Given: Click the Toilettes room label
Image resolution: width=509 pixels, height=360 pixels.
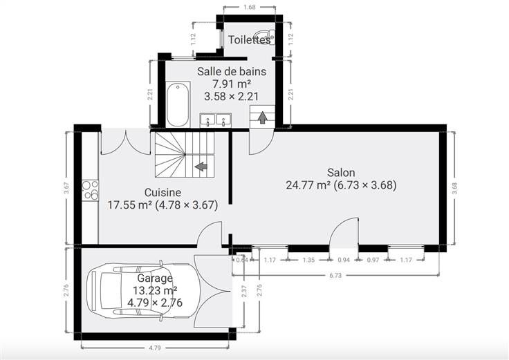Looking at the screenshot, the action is [249, 40].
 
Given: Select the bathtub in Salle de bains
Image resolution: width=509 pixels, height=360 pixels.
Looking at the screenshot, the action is [178, 104].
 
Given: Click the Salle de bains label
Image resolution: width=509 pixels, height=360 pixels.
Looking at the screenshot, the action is [232, 71].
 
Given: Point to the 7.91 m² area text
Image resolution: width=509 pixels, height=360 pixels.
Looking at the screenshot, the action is [232, 84].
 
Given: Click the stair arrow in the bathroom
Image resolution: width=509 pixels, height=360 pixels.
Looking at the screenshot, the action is [263, 117].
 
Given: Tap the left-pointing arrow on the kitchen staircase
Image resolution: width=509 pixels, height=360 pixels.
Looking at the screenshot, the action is [201, 167].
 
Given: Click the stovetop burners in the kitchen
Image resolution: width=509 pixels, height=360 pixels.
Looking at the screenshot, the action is [90, 190].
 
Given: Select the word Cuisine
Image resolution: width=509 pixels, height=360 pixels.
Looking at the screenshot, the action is [163, 193].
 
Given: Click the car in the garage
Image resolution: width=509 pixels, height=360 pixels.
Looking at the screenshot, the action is [142, 290].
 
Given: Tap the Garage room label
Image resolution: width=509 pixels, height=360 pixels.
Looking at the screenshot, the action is [155, 278].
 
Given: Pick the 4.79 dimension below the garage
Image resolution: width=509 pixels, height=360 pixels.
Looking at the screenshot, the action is [155, 348].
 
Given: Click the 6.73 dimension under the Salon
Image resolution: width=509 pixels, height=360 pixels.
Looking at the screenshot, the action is [335, 275].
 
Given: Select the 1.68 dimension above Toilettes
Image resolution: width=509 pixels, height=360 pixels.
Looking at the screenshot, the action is [249, 7].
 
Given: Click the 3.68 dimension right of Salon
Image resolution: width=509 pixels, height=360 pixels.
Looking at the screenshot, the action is [454, 188].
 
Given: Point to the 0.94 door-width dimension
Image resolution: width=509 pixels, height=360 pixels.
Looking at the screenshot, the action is [344, 260].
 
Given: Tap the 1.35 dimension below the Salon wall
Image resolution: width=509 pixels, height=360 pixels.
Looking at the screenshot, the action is [308, 260].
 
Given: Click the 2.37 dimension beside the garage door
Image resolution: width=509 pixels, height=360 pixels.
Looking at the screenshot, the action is [244, 291].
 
